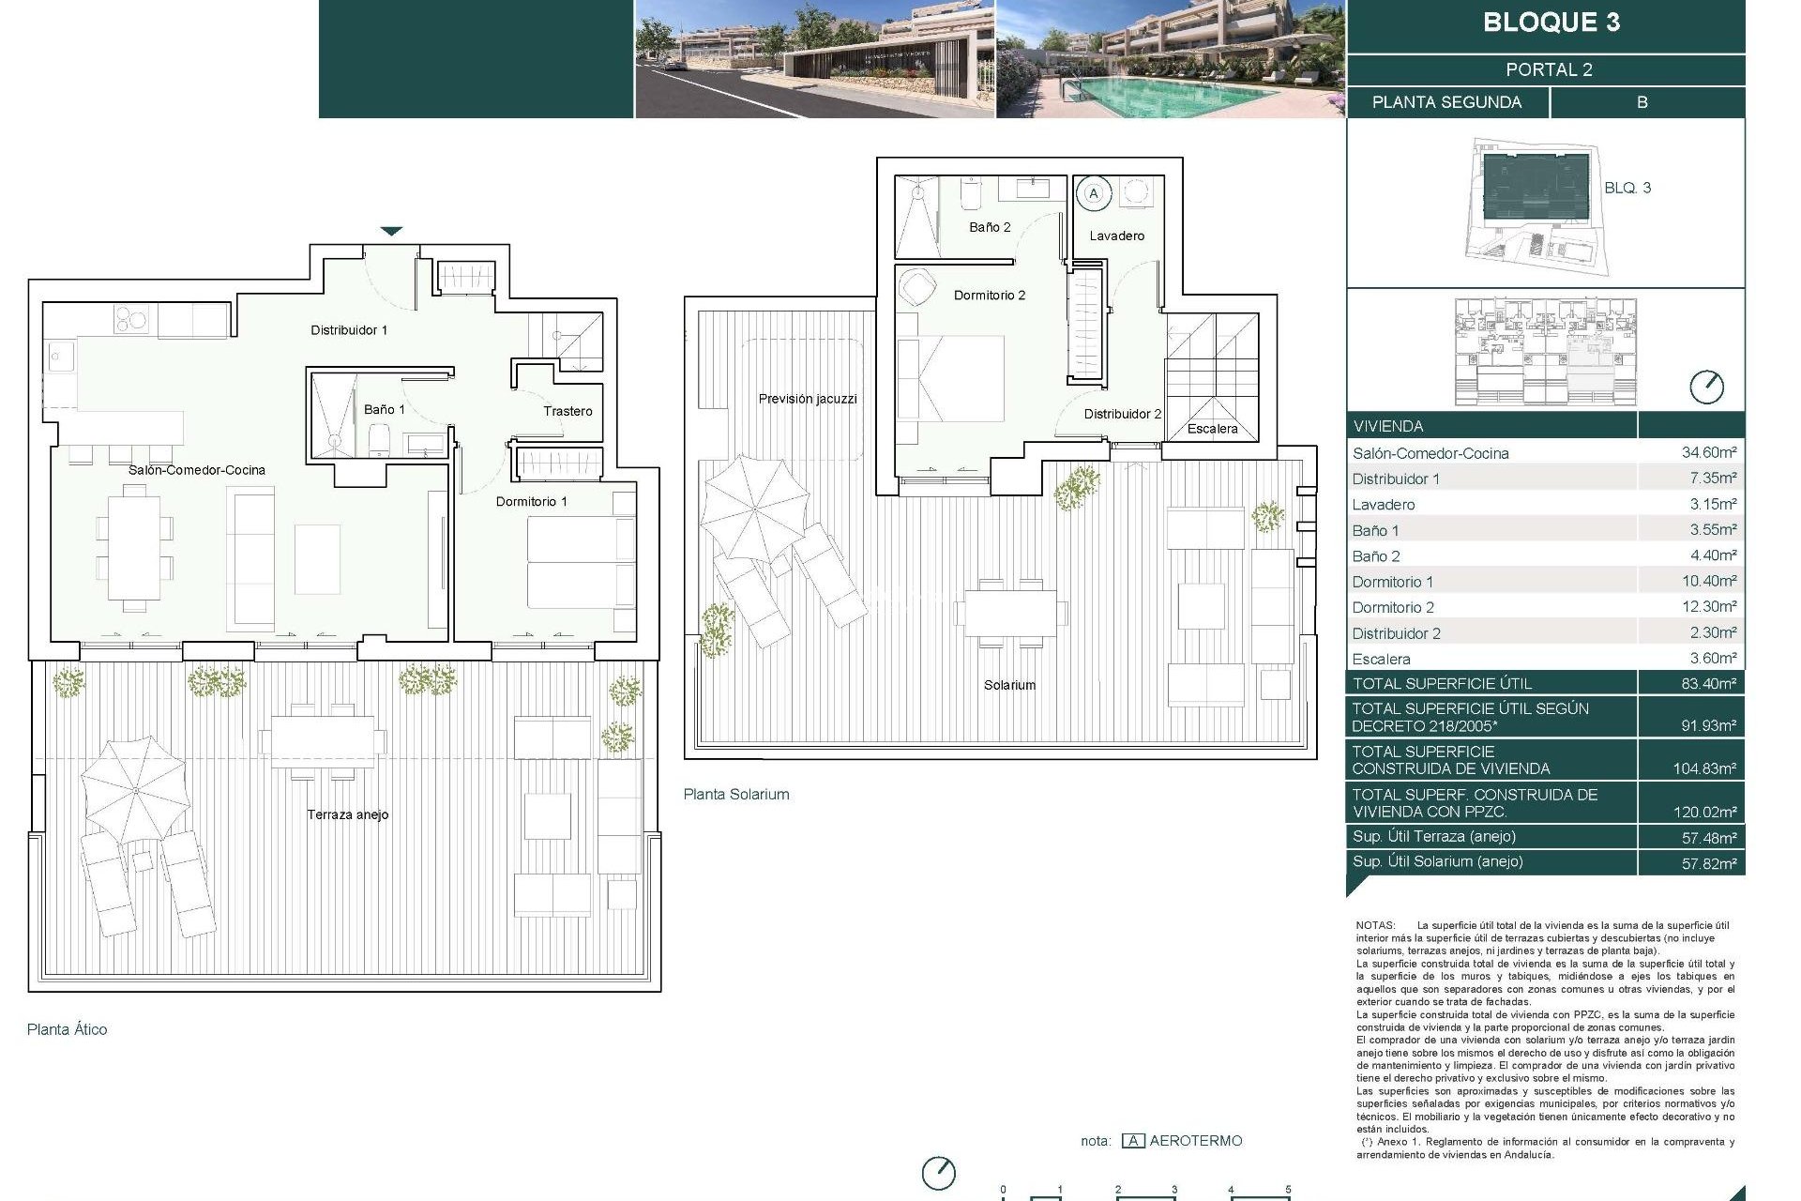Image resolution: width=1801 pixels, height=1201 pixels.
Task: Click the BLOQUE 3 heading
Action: (1551, 23)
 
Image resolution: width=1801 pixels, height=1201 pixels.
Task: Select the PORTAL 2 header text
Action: (1549, 69)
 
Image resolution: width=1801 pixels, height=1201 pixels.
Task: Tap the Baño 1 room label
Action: (385, 409)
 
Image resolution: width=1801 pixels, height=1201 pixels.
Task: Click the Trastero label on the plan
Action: (568, 411)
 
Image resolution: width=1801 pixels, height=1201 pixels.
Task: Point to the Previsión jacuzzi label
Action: (808, 399)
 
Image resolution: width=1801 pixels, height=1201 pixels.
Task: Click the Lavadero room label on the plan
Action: (1116, 236)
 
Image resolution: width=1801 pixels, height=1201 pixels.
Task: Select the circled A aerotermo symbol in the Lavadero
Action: (1093, 193)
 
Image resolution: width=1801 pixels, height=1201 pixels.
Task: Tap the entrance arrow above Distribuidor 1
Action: (391, 231)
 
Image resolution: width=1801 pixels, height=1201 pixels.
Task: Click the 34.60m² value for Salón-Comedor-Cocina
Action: (1708, 452)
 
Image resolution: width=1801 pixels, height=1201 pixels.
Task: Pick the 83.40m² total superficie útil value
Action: (1708, 683)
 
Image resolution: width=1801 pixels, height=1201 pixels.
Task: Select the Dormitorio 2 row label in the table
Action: (1393, 607)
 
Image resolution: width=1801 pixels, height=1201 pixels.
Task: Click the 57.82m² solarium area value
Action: (1708, 862)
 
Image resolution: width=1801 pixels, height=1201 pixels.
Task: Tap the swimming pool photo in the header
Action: (1170, 59)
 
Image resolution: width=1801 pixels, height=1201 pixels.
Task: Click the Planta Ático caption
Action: (68, 1029)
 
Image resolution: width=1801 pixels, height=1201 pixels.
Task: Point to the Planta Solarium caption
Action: (736, 794)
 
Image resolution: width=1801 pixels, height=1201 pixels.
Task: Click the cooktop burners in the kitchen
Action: (131, 320)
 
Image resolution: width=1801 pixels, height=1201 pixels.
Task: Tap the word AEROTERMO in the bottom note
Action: (1195, 1141)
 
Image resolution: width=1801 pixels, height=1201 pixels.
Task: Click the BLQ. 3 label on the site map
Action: (1627, 188)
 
